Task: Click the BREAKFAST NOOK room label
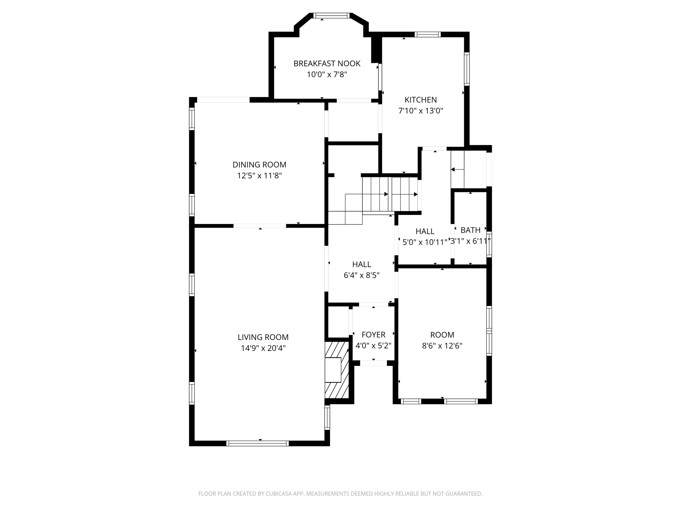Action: (327, 64)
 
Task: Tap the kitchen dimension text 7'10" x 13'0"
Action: (421, 111)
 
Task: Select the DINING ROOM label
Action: (259, 165)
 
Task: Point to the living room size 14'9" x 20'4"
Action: (263, 348)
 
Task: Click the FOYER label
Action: (373, 335)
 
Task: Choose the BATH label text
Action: (470, 230)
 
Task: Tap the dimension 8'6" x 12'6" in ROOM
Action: (442, 346)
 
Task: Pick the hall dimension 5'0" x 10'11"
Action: (425, 242)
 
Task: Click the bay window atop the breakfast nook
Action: (332, 15)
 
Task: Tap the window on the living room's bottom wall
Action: (257, 443)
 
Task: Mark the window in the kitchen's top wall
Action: (427, 34)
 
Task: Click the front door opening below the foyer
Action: (373, 363)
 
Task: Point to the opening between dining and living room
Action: (260, 226)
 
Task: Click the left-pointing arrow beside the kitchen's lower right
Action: (453, 170)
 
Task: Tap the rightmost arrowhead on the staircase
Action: (416, 194)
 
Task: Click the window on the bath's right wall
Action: (489, 244)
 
